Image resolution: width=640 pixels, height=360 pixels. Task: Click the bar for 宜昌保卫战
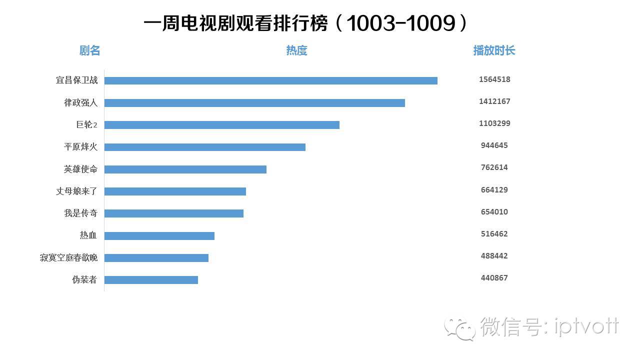pos(270,80)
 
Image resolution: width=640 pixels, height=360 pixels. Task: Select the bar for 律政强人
pos(254,103)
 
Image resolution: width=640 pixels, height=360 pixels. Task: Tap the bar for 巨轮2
pos(221,125)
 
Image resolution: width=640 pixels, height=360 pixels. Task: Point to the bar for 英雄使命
pos(185,169)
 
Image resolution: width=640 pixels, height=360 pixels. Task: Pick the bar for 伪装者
pos(151,279)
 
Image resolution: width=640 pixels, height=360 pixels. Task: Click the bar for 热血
pos(159,235)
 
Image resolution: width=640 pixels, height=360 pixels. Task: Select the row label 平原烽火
pos(80,147)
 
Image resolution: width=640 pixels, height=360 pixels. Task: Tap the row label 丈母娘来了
pos(76,191)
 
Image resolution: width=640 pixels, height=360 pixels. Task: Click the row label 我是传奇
pos(80,213)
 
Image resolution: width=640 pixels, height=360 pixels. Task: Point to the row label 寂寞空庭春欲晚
pos(68,257)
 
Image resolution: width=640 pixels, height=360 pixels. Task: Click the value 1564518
pos(494,79)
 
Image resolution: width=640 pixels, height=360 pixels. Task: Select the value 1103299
pos(494,123)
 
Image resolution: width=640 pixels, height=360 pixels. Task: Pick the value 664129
pos(494,190)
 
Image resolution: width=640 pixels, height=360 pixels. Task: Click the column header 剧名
pos(90,50)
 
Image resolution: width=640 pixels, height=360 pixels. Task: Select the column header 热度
pos(296,50)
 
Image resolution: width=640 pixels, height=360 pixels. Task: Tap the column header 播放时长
pos(494,50)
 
